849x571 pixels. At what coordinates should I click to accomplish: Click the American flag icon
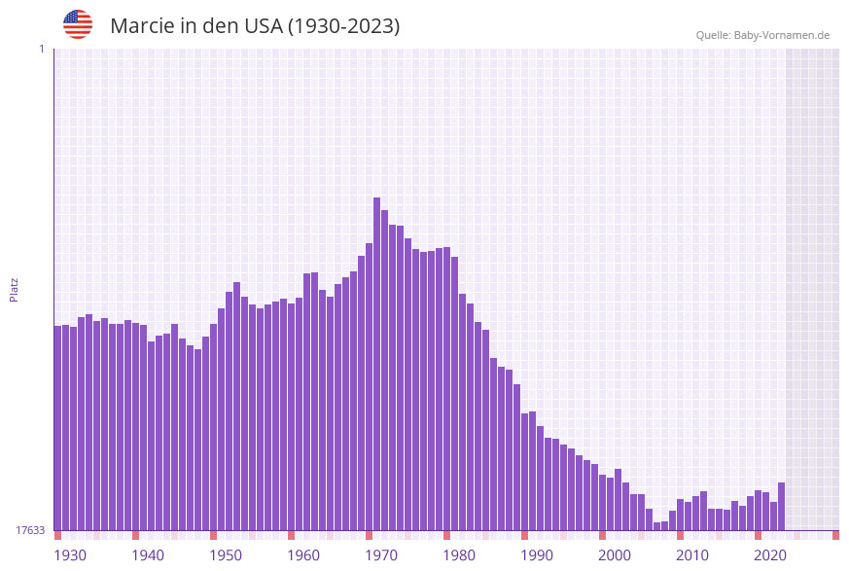(78, 24)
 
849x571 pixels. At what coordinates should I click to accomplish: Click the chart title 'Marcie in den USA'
(255, 26)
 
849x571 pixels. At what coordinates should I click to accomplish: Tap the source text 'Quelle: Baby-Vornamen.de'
(762, 35)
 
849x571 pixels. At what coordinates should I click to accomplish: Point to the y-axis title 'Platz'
(14, 289)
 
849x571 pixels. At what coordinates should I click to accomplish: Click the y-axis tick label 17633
(30, 530)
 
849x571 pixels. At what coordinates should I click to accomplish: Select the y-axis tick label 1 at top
(41, 49)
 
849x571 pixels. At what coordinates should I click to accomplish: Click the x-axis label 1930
(70, 555)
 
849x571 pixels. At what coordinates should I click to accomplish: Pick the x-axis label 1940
(148, 555)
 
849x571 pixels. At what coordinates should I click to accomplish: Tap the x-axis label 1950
(226, 555)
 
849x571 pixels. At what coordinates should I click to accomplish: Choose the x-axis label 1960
(303, 555)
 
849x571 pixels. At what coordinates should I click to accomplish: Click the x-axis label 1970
(381, 555)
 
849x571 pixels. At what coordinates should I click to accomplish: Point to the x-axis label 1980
(459, 555)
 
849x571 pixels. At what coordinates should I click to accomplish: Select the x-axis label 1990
(537, 555)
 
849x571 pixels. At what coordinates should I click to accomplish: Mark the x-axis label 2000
(615, 555)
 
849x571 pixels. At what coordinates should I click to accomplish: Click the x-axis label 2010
(692, 555)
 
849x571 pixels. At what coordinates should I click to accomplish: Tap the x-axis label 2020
(770, 555)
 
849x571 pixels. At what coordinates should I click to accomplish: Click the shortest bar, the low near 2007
(656, 526)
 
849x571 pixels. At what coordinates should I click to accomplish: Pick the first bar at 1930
(57, 428)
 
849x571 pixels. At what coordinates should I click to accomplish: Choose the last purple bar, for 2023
(781, 507)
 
